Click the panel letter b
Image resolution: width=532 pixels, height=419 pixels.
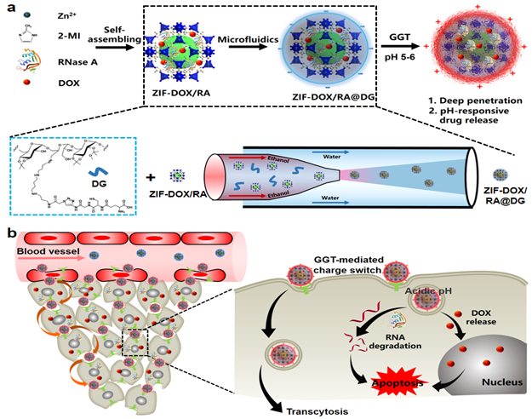point(9,232)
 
